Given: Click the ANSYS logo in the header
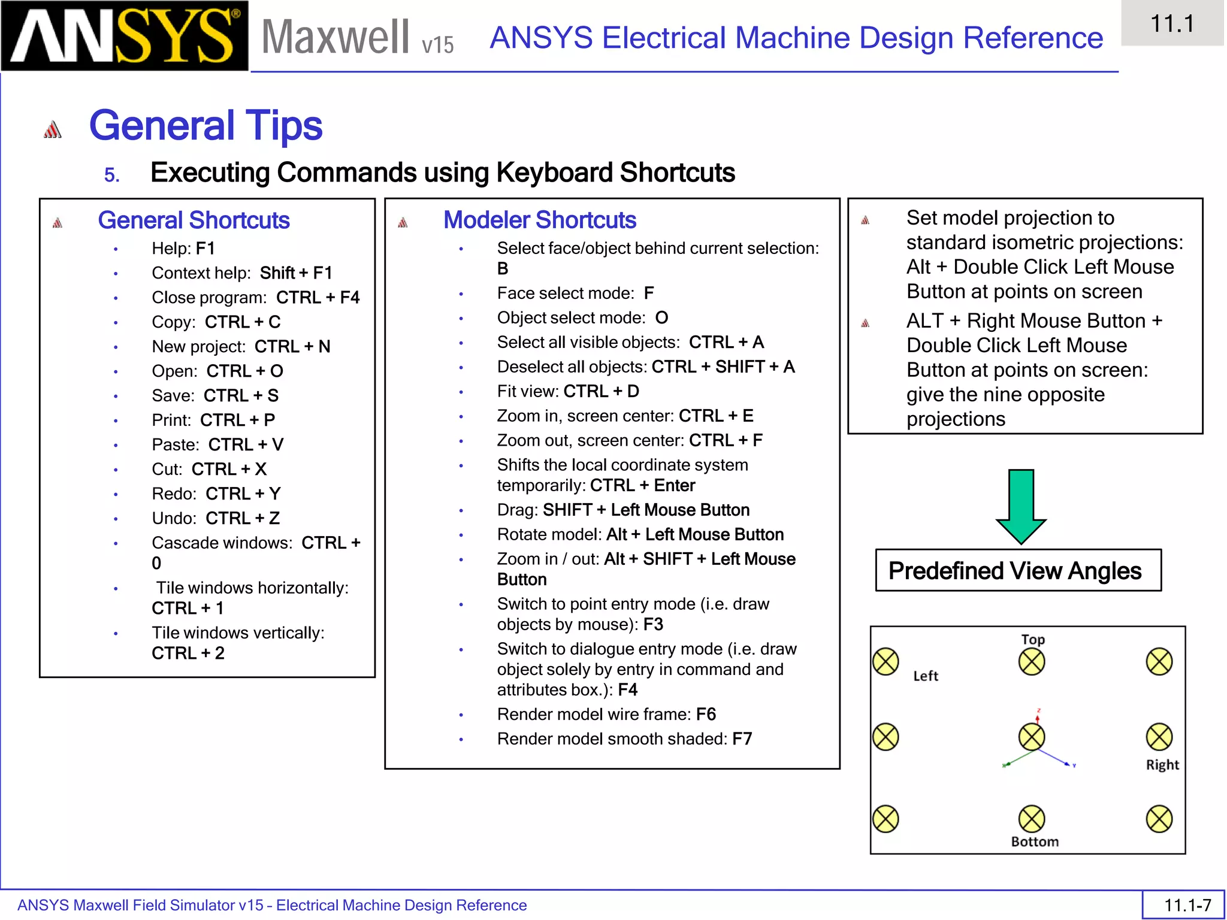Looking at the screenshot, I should tap(125, 36).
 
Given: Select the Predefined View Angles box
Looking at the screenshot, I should tap(1018, 570).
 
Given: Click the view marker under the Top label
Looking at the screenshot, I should tap(1032, 662).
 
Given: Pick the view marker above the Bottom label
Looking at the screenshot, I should tap(1032, 819).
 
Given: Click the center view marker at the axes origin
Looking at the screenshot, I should tap(1032, 737).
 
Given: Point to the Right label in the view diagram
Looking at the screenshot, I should tap(1162, 765).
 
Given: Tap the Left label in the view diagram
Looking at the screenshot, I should tap(926, 676).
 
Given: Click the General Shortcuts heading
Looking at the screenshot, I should tap(194, 220).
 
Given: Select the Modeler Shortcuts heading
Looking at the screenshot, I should tap(539, 220).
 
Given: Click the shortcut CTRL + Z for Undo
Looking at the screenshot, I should tap(243, 518).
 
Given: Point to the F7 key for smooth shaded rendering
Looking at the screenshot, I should tap(742, 739).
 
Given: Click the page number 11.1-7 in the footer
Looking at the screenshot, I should tap(1187, 904).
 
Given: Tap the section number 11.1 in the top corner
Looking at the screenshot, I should tap(1172, 24).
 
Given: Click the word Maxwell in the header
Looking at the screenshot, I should tap(336, 37).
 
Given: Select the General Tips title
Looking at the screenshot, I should tap(205, 126).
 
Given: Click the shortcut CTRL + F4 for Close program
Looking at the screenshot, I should tap(318, 298).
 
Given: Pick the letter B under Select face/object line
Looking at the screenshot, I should tap(503, 269).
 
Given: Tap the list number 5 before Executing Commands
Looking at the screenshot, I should tap(111, 175).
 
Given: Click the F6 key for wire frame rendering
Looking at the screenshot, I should tap(706, 714).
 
